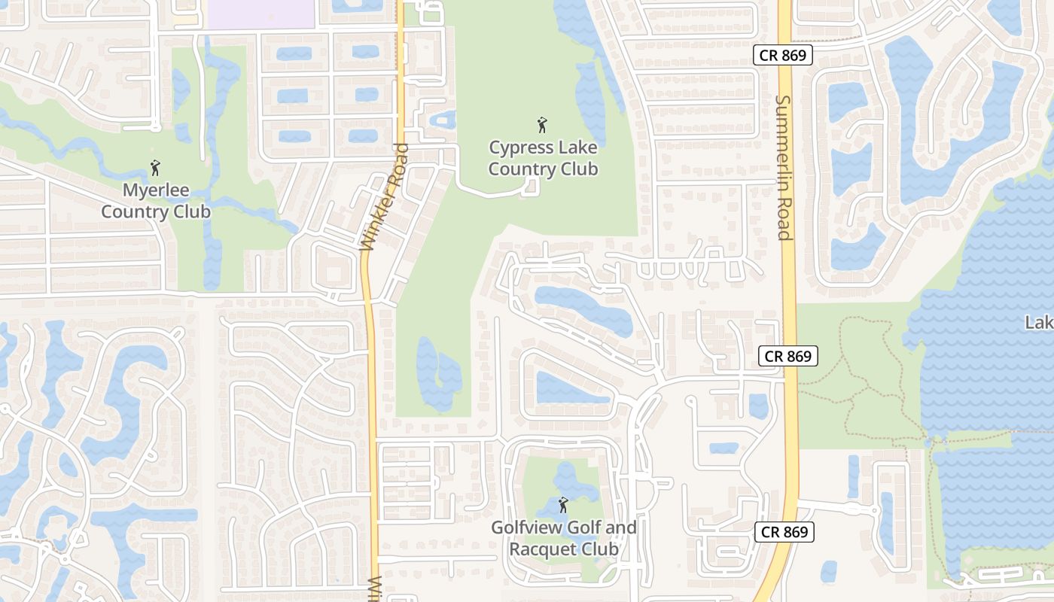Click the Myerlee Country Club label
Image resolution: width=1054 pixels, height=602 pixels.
coord(156,201)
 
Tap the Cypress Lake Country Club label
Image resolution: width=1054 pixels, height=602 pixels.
coord(543,158)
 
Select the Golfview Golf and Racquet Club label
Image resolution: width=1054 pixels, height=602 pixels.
coord(564,538)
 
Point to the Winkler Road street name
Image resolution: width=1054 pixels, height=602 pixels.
coord(384,197)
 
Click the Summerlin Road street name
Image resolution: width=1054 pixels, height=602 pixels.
coord(784,167)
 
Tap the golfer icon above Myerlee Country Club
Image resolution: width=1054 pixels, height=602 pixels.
coord(156,168)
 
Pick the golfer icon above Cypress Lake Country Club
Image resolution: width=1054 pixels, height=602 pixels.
coord(542,125)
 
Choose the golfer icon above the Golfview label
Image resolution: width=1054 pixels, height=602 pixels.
coord(563,505)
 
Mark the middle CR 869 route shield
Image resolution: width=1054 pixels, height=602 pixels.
coord(788,356)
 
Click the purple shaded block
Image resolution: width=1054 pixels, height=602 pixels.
coord(260,14)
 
